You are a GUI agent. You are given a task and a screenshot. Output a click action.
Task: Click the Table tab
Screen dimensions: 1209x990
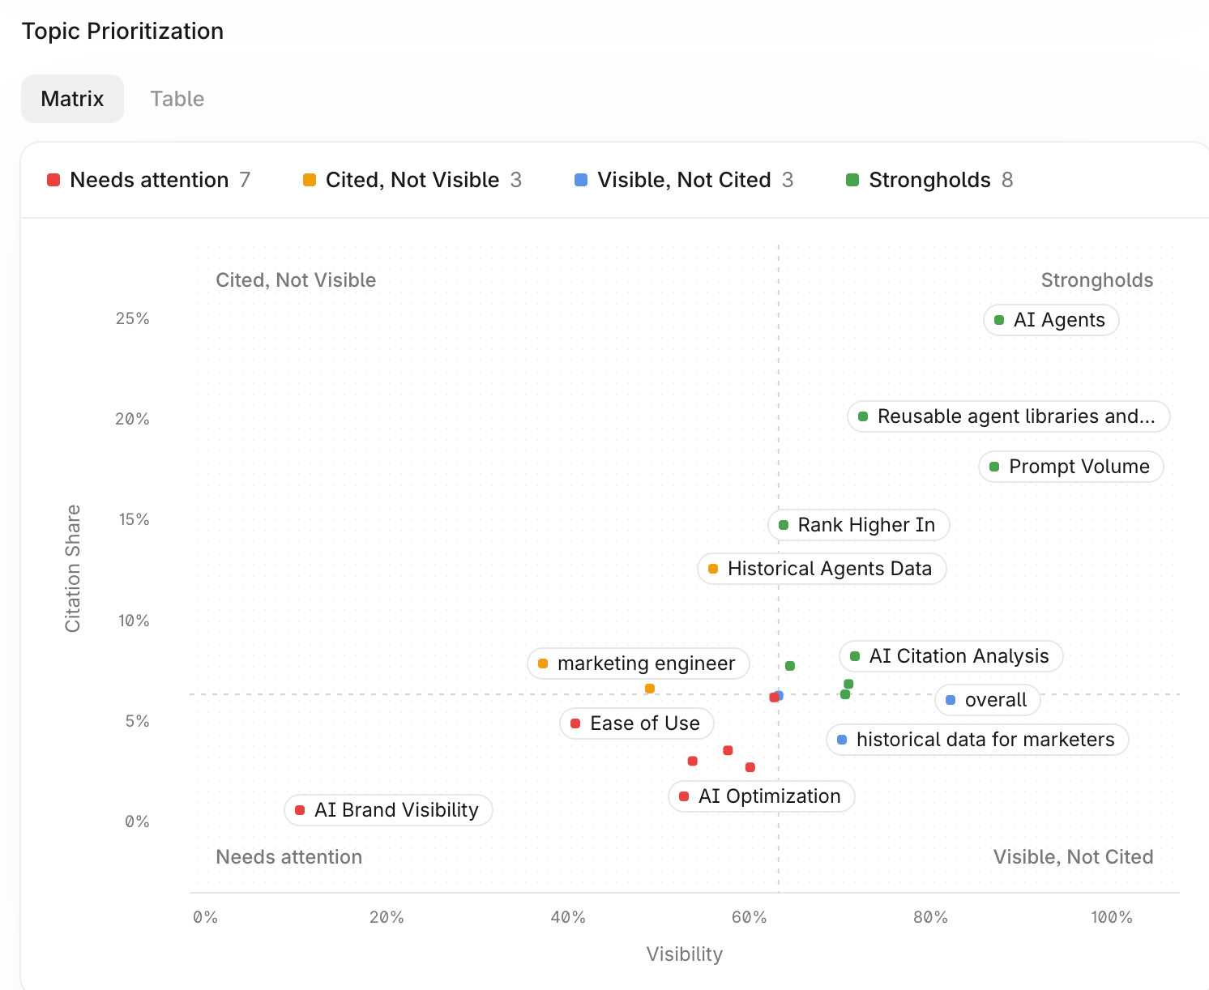tap(177, 99)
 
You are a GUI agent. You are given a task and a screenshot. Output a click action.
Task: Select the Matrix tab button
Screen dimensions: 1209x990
tap(72, 99)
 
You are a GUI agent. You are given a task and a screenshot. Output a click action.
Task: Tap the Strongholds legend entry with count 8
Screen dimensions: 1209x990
tap(929, 180)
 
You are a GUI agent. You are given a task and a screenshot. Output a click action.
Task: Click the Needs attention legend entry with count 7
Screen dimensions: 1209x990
tap(148, 180)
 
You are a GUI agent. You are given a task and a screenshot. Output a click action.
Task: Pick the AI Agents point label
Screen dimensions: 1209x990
tap(1051, 320)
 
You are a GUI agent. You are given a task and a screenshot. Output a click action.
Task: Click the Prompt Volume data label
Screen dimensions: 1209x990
tap(1070, 467)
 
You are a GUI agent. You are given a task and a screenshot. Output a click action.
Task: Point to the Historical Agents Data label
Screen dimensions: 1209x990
tap(822, 569)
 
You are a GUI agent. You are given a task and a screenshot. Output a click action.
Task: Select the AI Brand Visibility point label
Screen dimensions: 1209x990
tap(388, 810)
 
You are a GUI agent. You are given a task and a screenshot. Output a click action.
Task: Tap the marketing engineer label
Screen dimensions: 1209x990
tap(638, 664)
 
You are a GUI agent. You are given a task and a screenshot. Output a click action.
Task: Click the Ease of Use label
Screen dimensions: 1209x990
tap(636, 723)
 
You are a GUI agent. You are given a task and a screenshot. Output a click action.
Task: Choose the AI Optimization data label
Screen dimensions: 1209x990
tap(761, 796)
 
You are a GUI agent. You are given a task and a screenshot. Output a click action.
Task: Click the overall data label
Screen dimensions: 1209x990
tap(987, 700)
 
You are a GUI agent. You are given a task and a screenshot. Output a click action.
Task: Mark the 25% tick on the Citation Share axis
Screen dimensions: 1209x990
tap(132, 318)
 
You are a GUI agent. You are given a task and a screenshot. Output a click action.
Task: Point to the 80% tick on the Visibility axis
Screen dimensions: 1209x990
tap(929, 917)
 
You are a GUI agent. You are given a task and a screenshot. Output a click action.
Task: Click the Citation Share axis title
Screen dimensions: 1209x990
tap(73, 569)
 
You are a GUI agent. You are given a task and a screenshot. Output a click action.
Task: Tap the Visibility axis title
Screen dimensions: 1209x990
tap(685, 954)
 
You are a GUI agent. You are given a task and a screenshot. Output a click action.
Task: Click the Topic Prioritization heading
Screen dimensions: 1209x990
tap(122, 31)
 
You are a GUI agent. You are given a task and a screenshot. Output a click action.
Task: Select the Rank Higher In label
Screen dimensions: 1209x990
tap(858, 525)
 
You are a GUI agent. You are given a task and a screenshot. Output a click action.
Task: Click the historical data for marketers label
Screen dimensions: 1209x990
tap(977, 740)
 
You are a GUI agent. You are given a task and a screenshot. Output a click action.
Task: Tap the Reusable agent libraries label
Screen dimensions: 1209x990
tap(1008, 416)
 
